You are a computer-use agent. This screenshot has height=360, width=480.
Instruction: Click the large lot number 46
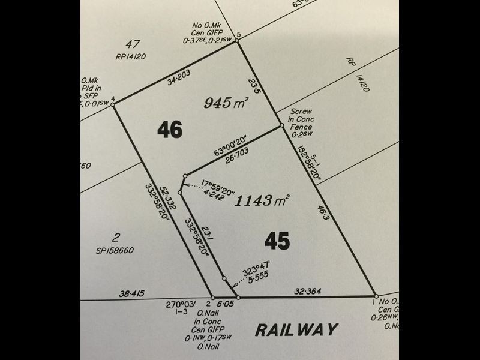[170, 130]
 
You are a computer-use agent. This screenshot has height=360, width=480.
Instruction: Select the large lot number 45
[277, 241]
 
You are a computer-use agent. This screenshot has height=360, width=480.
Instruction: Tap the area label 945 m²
[226, 103]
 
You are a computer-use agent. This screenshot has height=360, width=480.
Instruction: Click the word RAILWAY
[296, 329]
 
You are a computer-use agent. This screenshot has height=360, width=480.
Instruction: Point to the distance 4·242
[214, 193]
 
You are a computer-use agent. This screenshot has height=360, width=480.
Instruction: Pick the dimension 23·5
[254, 84]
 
